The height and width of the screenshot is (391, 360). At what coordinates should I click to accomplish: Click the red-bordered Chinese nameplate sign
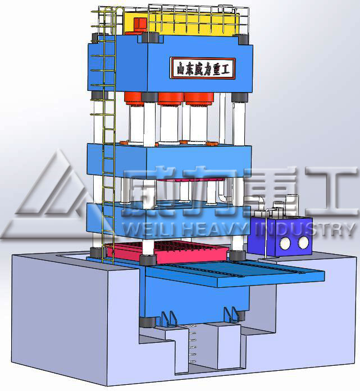(203, 68)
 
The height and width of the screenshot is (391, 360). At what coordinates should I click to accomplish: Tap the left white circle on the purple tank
(285, 243)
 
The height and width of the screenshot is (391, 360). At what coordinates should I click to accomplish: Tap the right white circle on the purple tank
(303, 242)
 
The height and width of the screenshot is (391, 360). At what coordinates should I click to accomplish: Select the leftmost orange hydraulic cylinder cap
(134, 98)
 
